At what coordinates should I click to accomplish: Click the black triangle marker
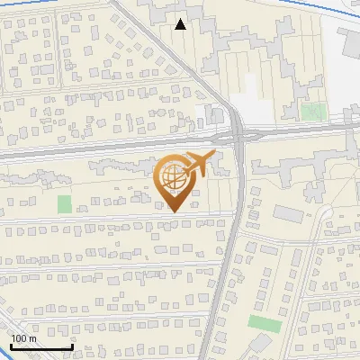pos(181,24)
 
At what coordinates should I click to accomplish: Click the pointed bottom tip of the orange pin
pos(172,211)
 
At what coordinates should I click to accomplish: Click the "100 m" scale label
pos(24,338)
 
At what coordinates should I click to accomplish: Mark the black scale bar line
pos(41,346)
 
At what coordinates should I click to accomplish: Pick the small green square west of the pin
pos(64,204)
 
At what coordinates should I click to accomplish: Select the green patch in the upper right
pos(313,112)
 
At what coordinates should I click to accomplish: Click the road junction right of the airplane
pos(239,138)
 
